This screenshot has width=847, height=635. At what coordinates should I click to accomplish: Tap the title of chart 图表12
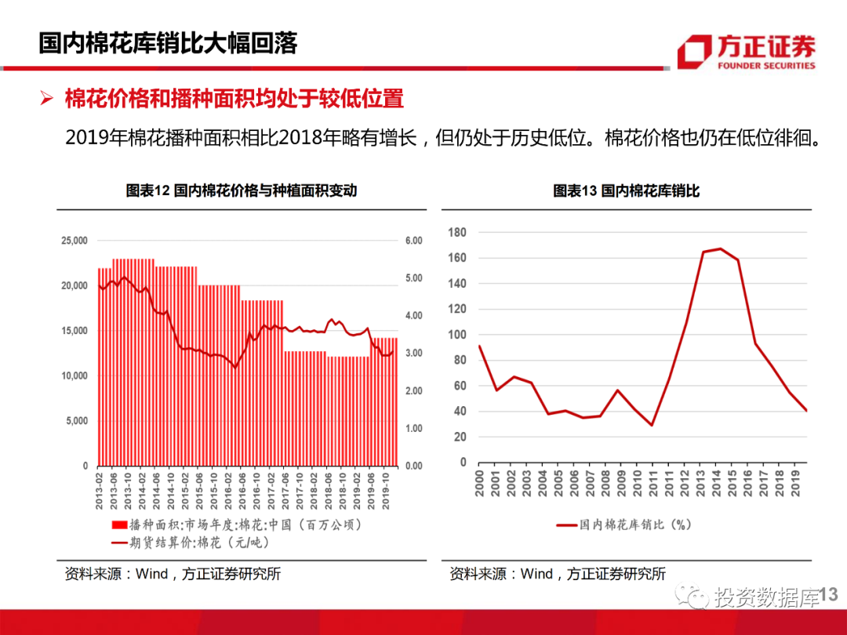242,190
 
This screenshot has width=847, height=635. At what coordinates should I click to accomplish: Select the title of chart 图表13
626,190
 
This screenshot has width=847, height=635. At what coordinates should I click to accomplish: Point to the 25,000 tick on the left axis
75,241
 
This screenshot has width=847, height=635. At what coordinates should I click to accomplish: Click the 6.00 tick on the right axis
413,241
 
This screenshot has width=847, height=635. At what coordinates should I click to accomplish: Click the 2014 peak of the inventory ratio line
720,249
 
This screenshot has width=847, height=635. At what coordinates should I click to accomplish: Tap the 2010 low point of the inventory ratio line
652,425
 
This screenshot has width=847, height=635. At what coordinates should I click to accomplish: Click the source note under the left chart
173,574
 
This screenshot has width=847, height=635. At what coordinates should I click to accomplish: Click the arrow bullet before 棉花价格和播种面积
46,100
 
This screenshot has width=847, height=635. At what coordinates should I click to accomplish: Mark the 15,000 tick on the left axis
75,331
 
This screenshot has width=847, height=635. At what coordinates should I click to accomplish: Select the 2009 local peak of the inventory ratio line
617,390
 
